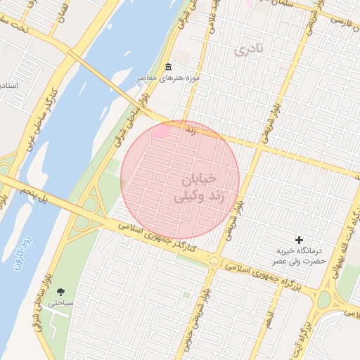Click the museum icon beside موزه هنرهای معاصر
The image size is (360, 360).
pos(168,67)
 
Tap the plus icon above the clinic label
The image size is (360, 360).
pos(300,240)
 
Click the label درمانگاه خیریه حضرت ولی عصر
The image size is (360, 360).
pos(300,255)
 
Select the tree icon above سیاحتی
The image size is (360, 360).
pos(59,291)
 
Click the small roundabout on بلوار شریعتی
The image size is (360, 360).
pos(214,261)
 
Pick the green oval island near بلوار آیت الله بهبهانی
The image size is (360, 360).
pos(324,300)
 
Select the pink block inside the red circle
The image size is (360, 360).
pos(165,131)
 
